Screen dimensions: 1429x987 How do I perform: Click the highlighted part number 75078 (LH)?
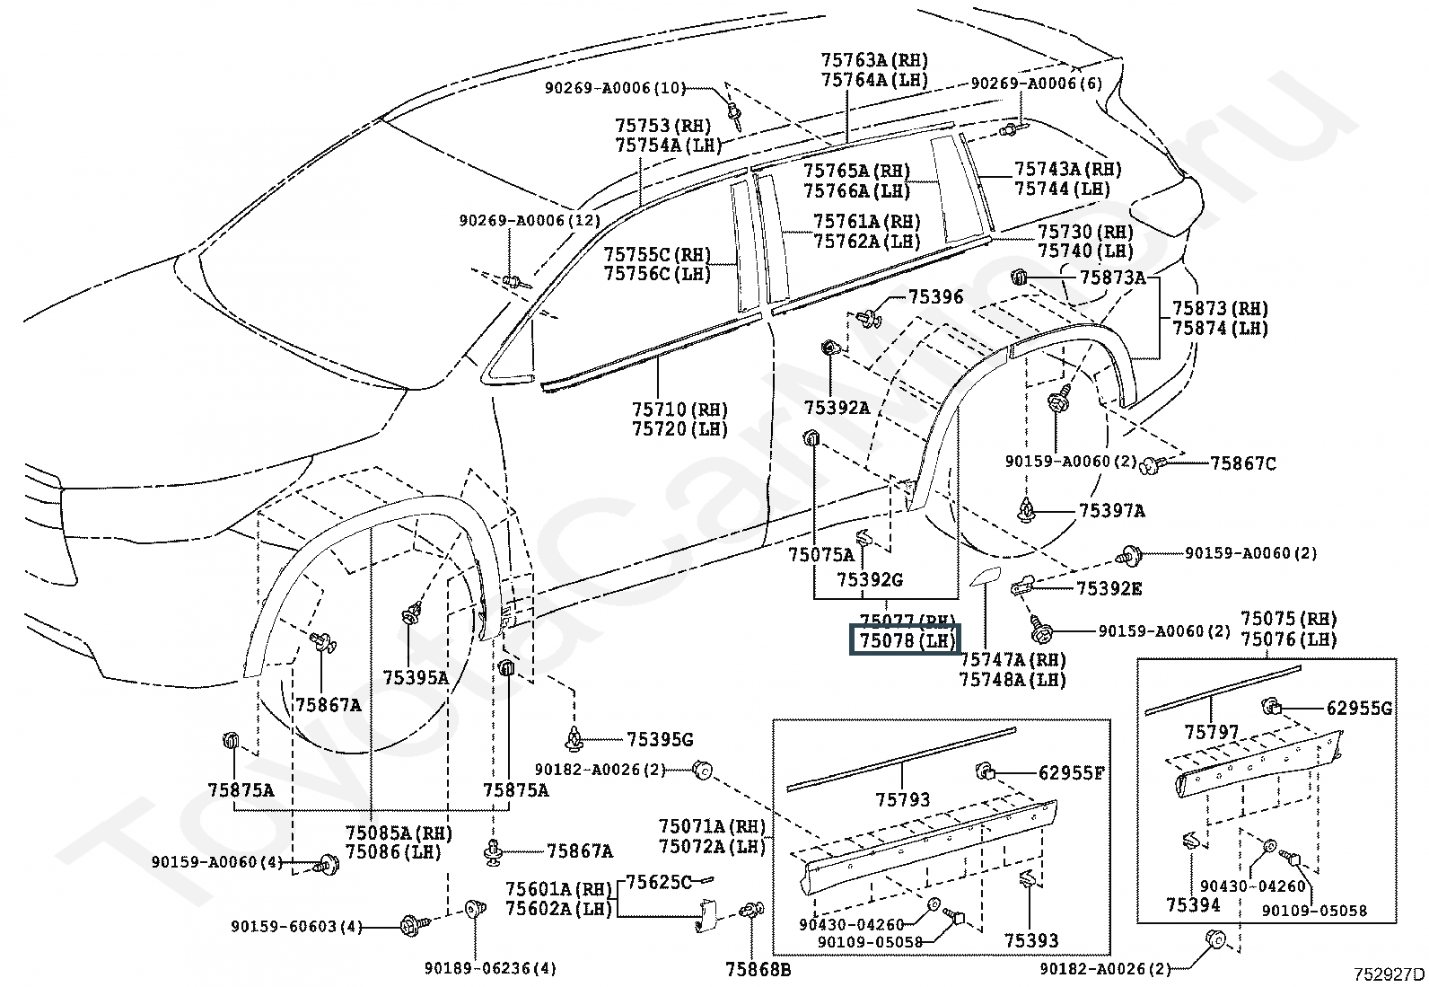tap(906, 640)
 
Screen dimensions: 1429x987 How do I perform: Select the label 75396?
tap(935, 297)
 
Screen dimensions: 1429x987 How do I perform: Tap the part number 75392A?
tap(837, 408)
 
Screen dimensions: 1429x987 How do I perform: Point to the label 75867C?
tap(1242, 463)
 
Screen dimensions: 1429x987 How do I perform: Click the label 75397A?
tap(1111, 511)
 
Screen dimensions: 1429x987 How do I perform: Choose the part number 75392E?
tap(1109, 588)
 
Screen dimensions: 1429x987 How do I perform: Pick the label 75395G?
tap(659, 739)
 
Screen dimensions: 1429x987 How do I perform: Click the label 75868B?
tap(758, 970)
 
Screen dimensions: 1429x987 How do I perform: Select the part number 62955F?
tap(1071, 772)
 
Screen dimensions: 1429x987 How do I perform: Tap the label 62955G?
tap(1360, 708)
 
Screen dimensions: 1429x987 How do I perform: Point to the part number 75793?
tap(903, 799)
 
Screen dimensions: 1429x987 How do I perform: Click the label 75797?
tap(1212, 732)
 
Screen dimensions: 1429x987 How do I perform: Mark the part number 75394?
tap(1194, 904)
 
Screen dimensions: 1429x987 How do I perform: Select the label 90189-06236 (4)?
tap(490, 969)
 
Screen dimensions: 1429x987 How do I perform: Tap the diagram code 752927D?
tap(1390, 974)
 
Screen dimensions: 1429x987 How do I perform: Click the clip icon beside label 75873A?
tap(1019, 278)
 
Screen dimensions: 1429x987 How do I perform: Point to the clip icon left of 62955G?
tap(1271, 706)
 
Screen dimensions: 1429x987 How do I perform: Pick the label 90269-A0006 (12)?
tap(530, 221)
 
